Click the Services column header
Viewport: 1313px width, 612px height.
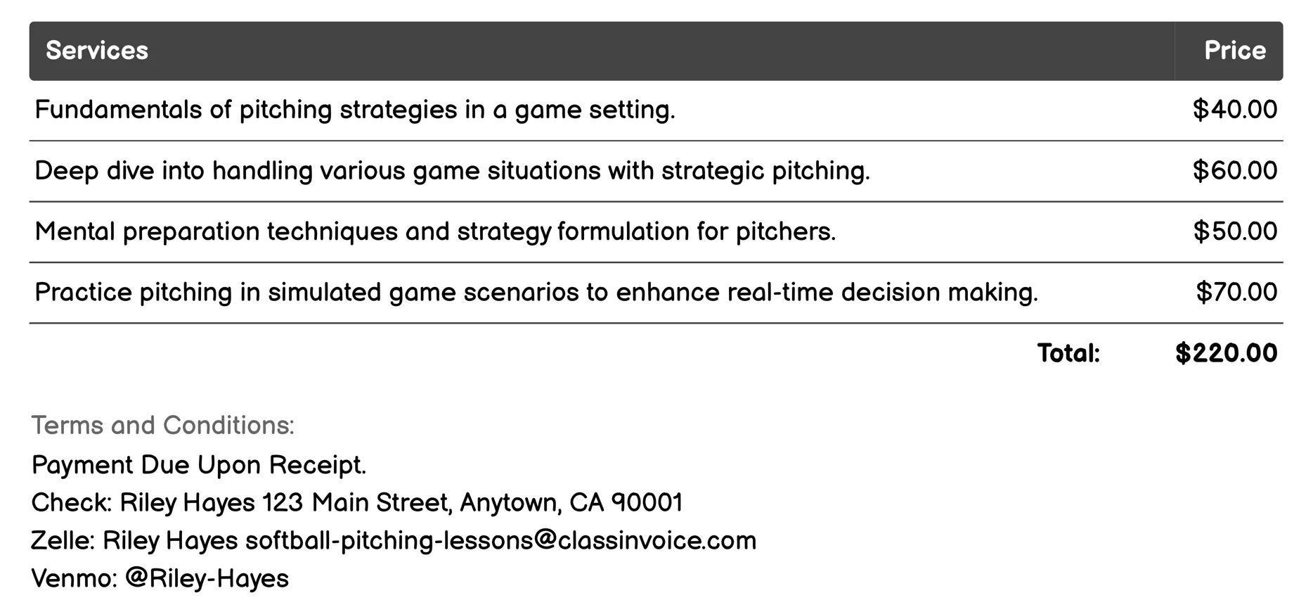pos(97,51)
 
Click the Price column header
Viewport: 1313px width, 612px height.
pos(1234,51)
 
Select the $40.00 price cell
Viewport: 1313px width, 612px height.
pos(1234,110)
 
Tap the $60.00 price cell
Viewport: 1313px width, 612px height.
pos(1234,171)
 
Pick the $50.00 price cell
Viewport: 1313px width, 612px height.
pos(1234,231)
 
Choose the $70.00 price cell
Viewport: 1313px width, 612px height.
pos(1236,292)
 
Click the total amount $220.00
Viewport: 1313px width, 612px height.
pos(1226,353)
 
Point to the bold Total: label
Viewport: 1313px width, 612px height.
pos(1068,353)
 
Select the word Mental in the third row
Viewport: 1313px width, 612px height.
pos(75,231)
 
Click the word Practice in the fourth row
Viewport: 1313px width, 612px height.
pos(83,292)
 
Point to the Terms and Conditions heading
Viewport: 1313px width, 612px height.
pos(163,425)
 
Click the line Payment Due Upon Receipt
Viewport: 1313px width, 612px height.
pos(199,465)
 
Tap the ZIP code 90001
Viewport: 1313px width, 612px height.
pos(647,502)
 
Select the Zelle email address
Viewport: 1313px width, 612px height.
pos(500,540)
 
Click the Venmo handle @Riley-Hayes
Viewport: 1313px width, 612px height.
pos(207,578)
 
